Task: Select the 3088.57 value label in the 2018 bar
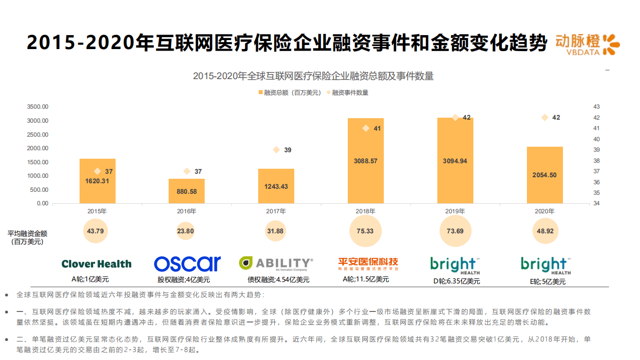(365, 161)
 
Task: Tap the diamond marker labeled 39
(276, 150)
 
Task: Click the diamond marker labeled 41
(366, 128)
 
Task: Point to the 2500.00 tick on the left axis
(38, 134)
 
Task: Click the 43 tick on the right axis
(596, 107)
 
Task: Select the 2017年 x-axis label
(276, 211)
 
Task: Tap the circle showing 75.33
(365, 231)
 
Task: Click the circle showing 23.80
(186, 231)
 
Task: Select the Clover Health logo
(97, 264)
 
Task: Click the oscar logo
(187, 264)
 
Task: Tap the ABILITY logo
(276, 263)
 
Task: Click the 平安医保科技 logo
(368, 263)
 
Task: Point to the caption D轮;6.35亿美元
(456, 281)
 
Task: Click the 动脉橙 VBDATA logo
(587, 45)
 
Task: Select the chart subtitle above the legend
(313, 76)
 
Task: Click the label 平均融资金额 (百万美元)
(28, 237)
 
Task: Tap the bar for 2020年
(544, 175)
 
